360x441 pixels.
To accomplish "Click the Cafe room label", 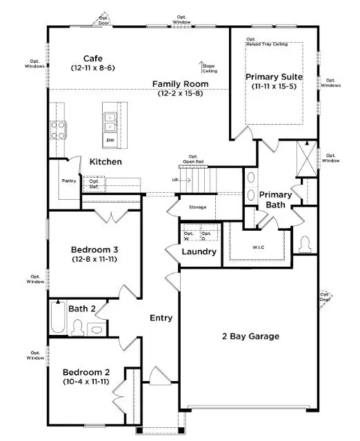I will point(93,59).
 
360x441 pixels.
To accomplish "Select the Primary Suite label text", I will point(274,76).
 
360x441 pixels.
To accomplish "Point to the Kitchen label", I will point(106,162).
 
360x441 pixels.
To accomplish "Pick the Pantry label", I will point(69,181).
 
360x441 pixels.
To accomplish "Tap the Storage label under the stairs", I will point(197,207).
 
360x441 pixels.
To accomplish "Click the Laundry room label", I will point(199,252).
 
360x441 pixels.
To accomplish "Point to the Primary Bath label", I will point(275,200).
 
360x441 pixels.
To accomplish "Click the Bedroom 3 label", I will point(98,249).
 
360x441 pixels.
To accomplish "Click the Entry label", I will point(161,318).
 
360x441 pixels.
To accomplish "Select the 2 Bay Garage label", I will point(250,336).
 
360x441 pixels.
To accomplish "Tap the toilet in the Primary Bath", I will point(305,245).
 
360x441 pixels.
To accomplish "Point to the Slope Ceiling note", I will point(209,66).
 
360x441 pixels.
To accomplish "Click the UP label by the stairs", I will point(176,180).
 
